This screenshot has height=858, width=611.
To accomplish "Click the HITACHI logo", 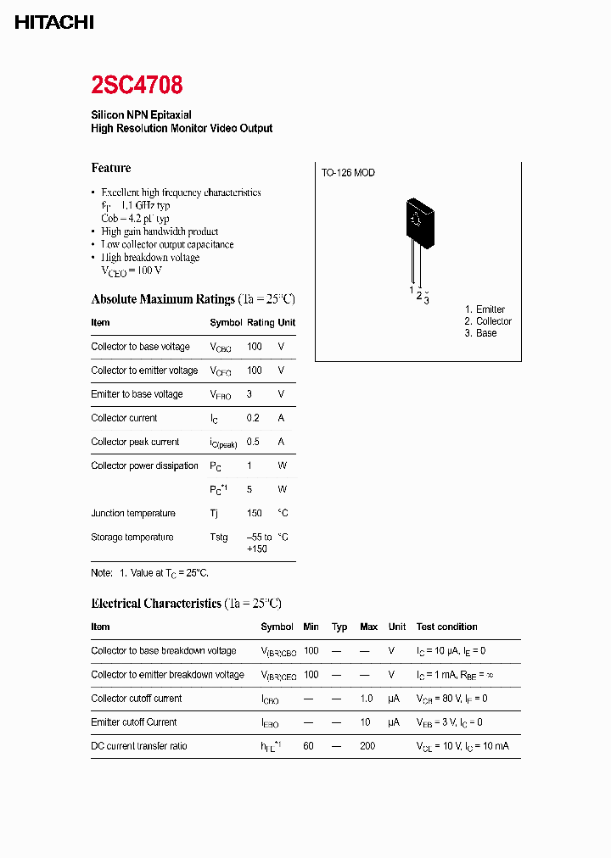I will point(53,24).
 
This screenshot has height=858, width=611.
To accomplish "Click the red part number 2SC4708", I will point(137,85).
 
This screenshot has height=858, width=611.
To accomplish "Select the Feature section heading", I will point(111,168).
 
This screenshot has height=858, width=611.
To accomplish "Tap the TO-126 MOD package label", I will point(348,173).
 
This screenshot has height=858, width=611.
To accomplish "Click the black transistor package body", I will point(419,220).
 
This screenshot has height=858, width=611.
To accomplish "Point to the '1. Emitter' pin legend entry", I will point(485,309).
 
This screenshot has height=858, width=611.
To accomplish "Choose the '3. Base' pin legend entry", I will point(480,333).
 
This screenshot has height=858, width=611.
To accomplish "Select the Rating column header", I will point(261,323).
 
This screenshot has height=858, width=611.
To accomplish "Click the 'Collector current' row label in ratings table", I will point(124,418).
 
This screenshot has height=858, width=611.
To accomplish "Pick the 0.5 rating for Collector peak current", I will point(253,442).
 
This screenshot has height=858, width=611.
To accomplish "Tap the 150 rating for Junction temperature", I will point(254,513).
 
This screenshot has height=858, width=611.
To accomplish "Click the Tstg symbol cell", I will point(219,537).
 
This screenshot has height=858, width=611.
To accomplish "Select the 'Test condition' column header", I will point(446,627).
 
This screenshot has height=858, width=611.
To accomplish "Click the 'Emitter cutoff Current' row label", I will point(134,722).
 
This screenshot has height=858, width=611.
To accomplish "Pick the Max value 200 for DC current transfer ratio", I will point(368,746).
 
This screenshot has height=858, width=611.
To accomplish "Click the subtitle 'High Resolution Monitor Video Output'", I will point(182,128).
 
